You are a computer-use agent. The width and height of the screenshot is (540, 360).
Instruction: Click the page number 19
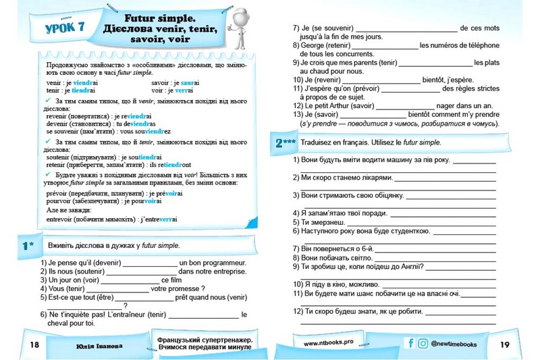[x=504, y=344]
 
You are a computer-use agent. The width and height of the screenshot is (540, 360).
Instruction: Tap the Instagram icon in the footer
[x=423, y=344]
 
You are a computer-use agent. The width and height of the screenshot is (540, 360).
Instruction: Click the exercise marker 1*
[x=28, y=245]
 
